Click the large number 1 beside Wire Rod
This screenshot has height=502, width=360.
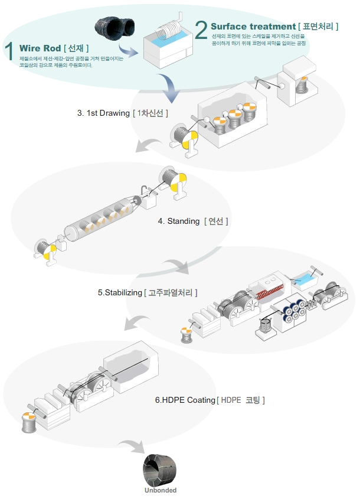(9, 51)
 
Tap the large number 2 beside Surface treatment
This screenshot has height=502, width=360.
(201, 30)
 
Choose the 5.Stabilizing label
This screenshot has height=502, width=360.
(120, 292)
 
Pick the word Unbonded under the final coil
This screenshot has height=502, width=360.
(161, 490)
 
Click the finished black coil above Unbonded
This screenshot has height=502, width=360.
(161, 470)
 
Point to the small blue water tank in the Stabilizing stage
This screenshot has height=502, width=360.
(307, 275)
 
